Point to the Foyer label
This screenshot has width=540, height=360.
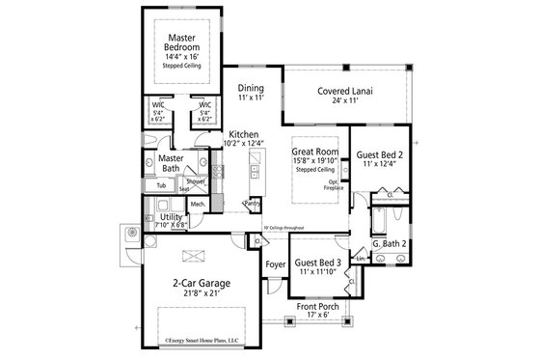tap(275, 261)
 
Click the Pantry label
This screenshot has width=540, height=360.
tap(253, 205)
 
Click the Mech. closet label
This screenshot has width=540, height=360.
tap(199, 205)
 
